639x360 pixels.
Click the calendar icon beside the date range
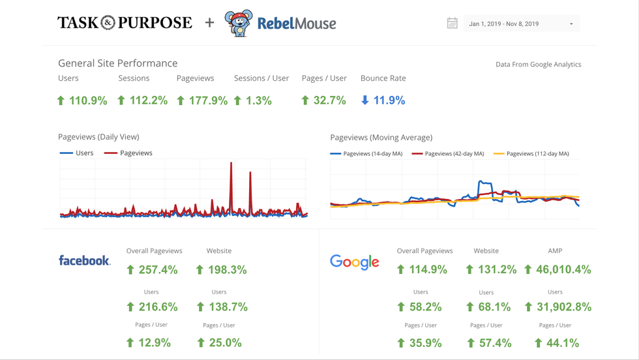click(x=452, y=23)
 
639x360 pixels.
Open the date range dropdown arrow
click(x=571, y=24)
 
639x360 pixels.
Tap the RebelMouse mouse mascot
click(x=238, y=23)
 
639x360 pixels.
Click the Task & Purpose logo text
click(x=125, y=23)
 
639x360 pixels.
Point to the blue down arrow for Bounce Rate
click(x=365, y=100)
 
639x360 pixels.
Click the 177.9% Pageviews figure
click(x=208, y=100)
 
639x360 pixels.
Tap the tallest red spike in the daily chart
click(x=231, y=170)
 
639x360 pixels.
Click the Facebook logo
click(x=84, y=260)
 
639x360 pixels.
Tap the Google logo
click(x=355, y=262)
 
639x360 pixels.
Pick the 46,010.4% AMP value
click(x=563, y=269)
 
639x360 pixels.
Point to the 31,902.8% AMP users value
click(x=563, y=307)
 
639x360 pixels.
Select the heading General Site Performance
click(x=117, y=63)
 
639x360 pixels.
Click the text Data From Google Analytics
click(x=538, y=65)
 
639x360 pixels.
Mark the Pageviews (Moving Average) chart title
click(x=381, y=138)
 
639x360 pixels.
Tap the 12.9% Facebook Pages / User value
click(x=155, y=342)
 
